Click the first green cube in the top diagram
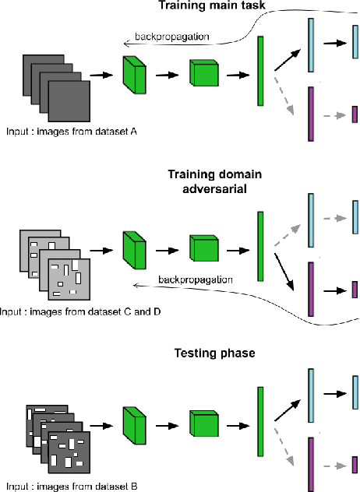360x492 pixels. [x=135, y=76]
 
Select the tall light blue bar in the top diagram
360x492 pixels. [x=312, y=46]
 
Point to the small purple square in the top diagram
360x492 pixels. [x=355, y=114]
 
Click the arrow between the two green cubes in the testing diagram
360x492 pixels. [x=168, y=425]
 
